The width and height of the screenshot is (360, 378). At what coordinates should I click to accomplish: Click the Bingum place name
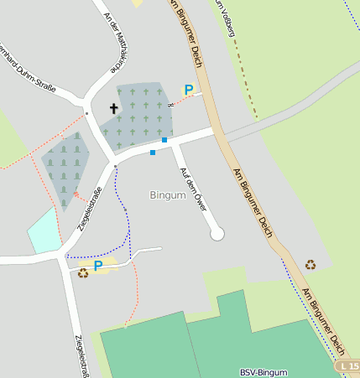167,195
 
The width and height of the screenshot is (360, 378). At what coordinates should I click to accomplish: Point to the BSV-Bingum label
263,372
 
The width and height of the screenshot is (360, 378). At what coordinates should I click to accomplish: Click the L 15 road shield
347,366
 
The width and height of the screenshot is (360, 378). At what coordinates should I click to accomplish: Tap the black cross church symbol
114,108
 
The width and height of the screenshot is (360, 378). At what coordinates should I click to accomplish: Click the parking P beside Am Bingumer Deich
189,90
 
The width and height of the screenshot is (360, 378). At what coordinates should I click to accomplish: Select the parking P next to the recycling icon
98,266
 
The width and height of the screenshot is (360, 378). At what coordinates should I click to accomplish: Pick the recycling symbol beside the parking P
83,272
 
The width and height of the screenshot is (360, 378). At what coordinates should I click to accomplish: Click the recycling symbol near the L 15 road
310,265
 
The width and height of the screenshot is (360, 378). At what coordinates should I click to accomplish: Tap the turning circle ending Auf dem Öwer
217,234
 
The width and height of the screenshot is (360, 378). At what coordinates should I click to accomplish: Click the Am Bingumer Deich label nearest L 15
323,319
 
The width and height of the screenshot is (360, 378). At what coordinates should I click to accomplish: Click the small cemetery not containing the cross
65,168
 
